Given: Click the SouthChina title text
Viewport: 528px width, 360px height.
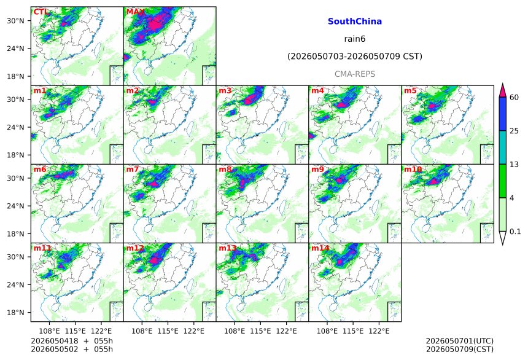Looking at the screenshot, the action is tap(355, 22).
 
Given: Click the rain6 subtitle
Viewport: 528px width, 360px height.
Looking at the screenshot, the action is tap(355, 39).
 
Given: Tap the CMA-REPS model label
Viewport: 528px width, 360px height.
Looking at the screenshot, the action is tap(355, 74).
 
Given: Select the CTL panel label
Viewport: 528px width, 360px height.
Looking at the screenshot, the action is tap(41, 12).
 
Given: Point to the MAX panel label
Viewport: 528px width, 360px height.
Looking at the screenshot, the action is tap(135, 12).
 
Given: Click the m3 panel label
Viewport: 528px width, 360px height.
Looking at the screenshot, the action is tap(225, 91).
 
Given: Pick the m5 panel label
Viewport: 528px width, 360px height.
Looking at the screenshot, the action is tap(410, 91).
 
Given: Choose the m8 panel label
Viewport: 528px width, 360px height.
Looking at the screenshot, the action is tap(225, 169).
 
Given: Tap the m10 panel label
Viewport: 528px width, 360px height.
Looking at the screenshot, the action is tap(413, 169).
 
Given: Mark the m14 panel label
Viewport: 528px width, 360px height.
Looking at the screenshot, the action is tap(320, 248).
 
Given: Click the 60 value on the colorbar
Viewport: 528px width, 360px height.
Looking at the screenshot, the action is tap(514, 98).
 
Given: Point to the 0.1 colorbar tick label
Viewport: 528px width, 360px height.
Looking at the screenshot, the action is tap(515, 232).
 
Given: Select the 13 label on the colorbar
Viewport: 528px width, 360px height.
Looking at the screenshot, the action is tap(514, 165).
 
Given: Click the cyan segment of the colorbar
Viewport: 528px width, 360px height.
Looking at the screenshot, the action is tap(502, 147).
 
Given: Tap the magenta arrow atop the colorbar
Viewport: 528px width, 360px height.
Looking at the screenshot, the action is tap(502, 90).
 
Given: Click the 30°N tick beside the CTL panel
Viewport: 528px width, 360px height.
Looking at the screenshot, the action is tap(15, 21).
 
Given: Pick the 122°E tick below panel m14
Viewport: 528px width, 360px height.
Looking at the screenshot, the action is tap(379, 331).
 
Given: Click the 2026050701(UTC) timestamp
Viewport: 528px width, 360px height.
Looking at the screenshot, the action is tap(460, 341).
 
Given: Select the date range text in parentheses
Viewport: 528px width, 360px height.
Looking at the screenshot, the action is tap(355, 57).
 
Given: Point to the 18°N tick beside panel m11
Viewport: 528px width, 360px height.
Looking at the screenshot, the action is tap(15, 313).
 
